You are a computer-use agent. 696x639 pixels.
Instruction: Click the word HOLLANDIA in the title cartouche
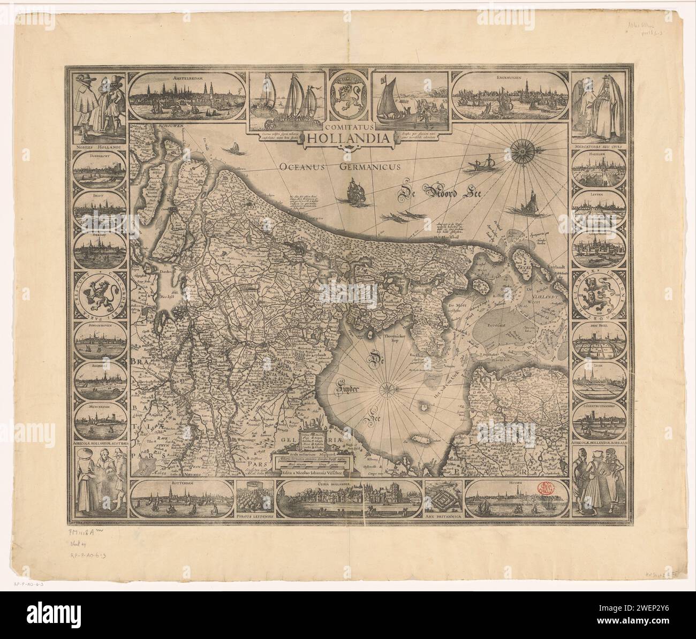pos(348,139)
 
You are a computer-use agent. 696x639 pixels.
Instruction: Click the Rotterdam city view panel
pos(182,499)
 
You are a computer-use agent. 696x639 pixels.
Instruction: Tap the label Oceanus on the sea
pos(302,166)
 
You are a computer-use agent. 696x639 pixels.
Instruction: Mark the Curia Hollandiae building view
pos(348,499)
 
